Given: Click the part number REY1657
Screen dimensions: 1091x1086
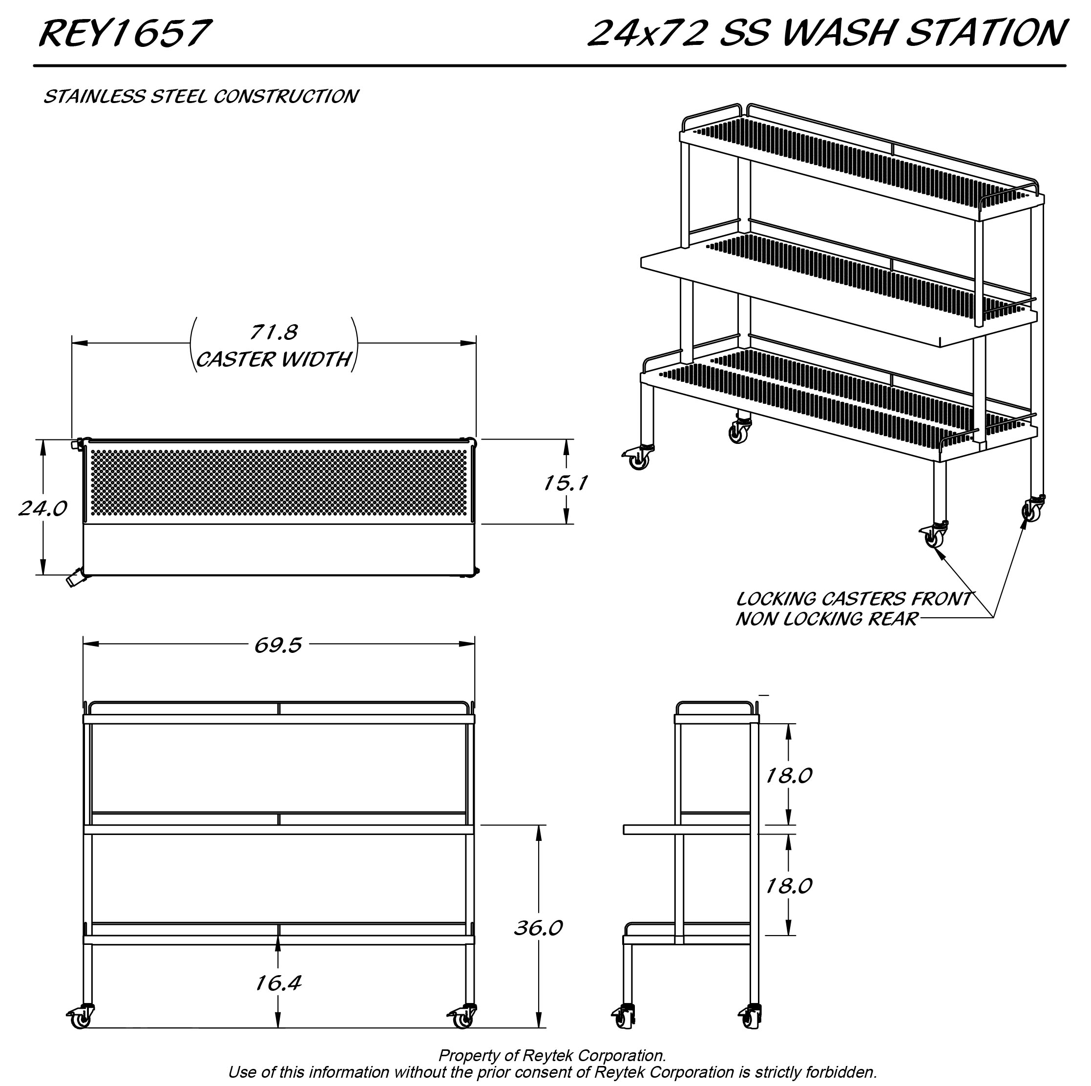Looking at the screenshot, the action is tap(126, 33).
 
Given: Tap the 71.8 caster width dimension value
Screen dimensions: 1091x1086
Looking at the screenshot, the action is tap(274, 332).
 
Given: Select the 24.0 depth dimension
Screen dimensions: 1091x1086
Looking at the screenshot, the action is tap(43, 509).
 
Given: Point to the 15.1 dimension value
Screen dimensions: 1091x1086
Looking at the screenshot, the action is tap(565, 483).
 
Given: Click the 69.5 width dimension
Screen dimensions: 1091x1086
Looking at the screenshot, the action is tap(278, 646).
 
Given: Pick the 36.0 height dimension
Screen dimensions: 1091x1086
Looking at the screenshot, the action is tap(538, 928).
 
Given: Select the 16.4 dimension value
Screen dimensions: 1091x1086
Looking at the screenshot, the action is tap(278, 983).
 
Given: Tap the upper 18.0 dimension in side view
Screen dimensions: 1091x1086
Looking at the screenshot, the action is tap(788, 776).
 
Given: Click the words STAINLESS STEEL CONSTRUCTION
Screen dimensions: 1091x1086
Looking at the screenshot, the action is tap(201, 97).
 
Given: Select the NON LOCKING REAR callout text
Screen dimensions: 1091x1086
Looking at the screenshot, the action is tap(827, 619).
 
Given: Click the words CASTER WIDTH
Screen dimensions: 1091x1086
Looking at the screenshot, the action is tap(274, 359).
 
